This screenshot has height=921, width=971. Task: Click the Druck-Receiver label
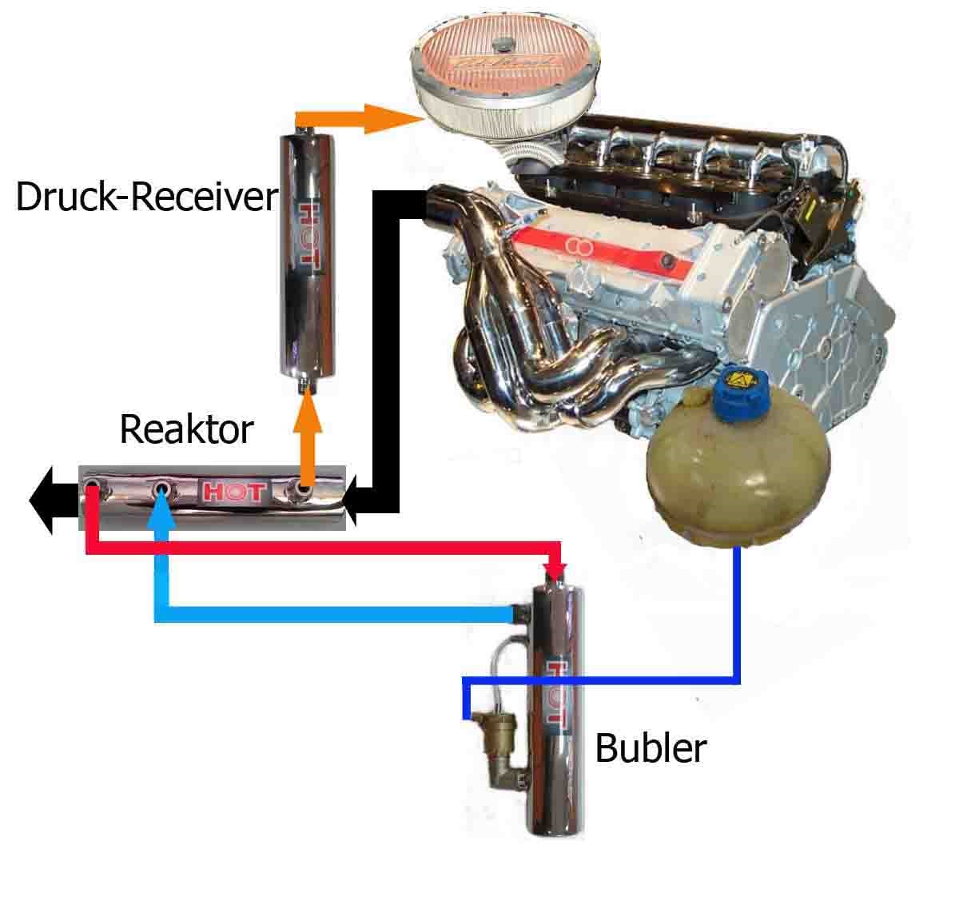146,197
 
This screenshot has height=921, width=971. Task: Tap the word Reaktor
186,429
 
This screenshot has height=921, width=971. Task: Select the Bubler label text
651,748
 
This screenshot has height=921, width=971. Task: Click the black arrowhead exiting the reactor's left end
43,500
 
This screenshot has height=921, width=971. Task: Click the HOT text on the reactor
231,492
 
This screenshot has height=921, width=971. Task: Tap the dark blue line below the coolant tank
737,616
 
